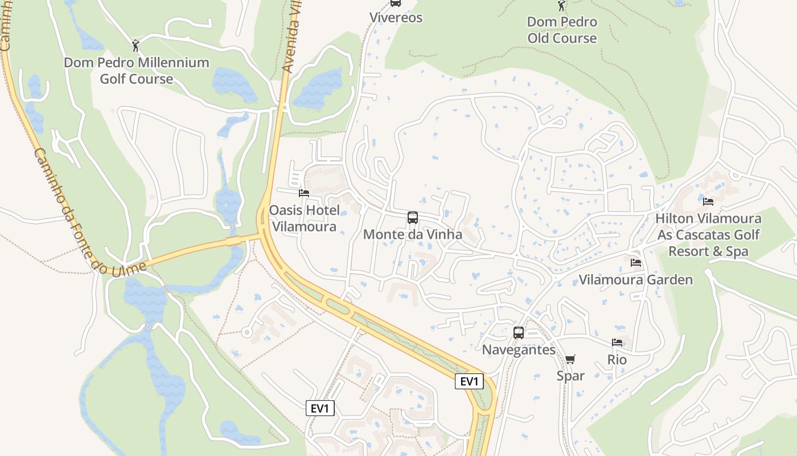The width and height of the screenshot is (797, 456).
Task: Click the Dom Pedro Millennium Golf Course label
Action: [136, 70]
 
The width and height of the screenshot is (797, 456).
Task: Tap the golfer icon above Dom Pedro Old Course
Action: [562, 6]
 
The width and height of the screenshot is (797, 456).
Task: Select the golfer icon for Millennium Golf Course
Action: [135, 45]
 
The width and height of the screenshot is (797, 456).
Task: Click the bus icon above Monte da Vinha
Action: [413, 218]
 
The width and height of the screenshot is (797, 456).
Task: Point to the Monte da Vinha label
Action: [413, 234]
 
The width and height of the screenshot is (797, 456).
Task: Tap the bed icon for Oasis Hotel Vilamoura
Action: [304, 193]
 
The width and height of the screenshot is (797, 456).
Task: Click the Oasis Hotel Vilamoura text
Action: [304, 218]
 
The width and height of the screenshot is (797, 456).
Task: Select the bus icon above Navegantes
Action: [519, 333]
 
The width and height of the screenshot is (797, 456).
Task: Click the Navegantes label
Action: [519, 349]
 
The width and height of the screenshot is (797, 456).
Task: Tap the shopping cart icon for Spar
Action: [570, 359]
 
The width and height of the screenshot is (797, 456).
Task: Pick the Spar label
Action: [570, 376]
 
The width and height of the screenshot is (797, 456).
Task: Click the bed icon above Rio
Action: [617, 343]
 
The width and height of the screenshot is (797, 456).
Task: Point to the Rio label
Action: [617, 360]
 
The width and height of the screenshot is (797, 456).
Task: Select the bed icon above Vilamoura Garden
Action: [636, 263]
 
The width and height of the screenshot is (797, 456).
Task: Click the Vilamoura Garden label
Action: [636, 279]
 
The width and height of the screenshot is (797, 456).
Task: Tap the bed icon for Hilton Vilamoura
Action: [708, 202]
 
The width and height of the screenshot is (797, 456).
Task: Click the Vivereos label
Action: [396, 18]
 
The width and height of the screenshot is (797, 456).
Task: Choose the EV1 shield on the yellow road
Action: [469, 381]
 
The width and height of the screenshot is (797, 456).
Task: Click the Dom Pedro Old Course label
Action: [562, 30]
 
